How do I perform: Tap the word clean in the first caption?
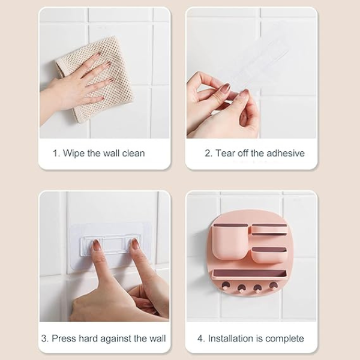tap(133, 153)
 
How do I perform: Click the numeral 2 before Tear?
tap(208, 153)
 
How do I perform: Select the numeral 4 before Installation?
tap(200, 338)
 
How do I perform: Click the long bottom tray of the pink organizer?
tap(250, 275)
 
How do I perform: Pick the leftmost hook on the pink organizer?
tap(225, 286)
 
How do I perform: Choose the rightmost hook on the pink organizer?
tap(273, 286)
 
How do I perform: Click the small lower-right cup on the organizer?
tap(269, 255)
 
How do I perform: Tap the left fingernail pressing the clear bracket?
tap(97, 245)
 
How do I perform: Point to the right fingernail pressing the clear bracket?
tap(134, 244)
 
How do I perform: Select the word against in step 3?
tap(116, 339)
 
